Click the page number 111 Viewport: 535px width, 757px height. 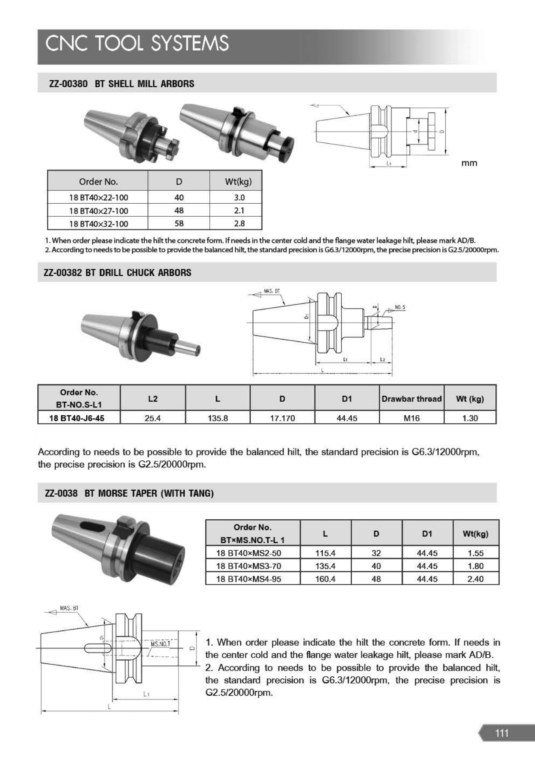502,733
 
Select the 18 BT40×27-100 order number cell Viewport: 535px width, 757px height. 98,211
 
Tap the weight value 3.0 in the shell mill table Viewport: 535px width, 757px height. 239,198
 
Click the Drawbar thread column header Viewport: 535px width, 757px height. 411,399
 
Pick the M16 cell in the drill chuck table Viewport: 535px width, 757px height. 411,418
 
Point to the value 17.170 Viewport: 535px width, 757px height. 282,418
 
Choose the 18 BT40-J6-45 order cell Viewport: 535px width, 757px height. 77,418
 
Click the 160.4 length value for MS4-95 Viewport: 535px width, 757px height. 325,579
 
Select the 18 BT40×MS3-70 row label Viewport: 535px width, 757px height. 249,566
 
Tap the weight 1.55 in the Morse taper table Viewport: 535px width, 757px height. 475,553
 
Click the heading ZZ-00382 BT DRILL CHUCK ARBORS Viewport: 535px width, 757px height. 118,273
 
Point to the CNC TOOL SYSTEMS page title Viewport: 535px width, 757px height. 137,44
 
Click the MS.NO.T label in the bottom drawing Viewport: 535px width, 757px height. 160,644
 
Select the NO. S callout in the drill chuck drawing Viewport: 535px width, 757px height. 400,307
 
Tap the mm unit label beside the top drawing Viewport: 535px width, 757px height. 469,163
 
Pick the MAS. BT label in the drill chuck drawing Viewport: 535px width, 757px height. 272,291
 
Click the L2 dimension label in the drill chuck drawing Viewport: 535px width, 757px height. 382,359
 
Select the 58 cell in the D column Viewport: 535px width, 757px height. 179,224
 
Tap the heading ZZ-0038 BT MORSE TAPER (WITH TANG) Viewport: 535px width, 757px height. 129,493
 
